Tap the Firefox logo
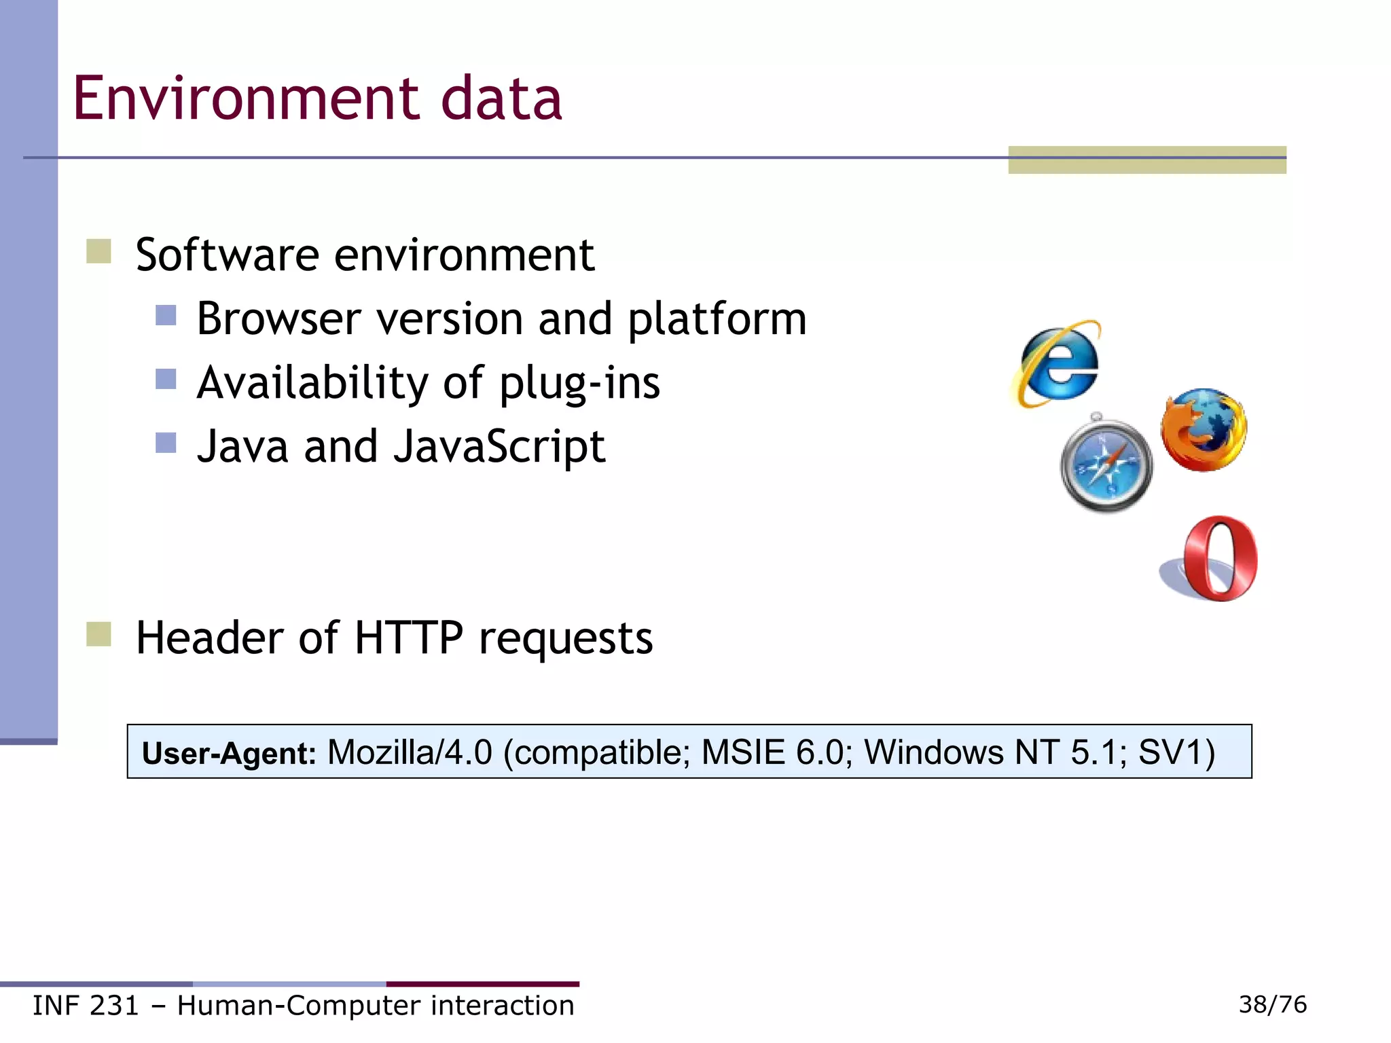(1204, 430)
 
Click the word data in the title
(501, 99)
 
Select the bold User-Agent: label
(229, 753)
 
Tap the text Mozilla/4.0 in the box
(410, 752)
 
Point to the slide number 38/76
(1272, 1004)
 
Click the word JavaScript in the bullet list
(499, 447)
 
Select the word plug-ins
(579, 383)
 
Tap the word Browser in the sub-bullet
(278, 318)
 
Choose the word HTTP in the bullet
(408, 638)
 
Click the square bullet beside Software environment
(99, 251)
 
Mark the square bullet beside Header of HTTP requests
(99, 634)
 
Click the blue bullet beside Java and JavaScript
(166, 443)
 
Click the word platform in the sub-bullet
(717, 320)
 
